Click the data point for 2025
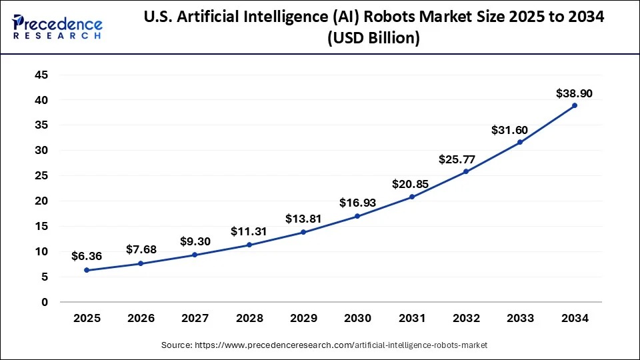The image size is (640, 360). click(87, 270)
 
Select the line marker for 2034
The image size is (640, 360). click(574, 105)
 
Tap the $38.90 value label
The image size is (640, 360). click(574, 94)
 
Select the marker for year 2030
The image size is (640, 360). click(357, 216)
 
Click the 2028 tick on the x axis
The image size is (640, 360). click(249, 319)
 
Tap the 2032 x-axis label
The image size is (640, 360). click(466, 319)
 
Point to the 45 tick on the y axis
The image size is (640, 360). click(41, 75)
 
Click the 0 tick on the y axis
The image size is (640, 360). click(45, 302)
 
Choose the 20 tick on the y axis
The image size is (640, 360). click(41, 201)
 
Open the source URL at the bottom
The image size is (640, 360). click(325, 345)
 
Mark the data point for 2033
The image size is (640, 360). click(520, 142)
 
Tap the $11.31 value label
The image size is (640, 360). click(249, 231)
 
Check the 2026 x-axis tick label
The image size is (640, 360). click(141, 319)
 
